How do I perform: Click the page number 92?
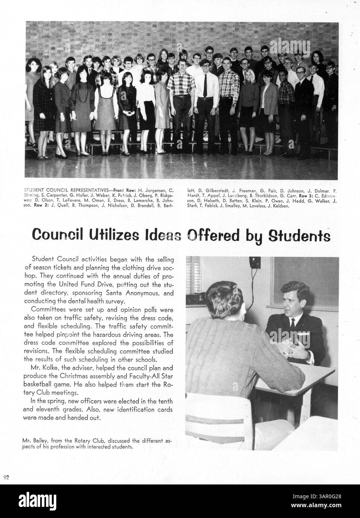tap(6, 477)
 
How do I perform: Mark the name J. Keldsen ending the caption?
tap(278, 205)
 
